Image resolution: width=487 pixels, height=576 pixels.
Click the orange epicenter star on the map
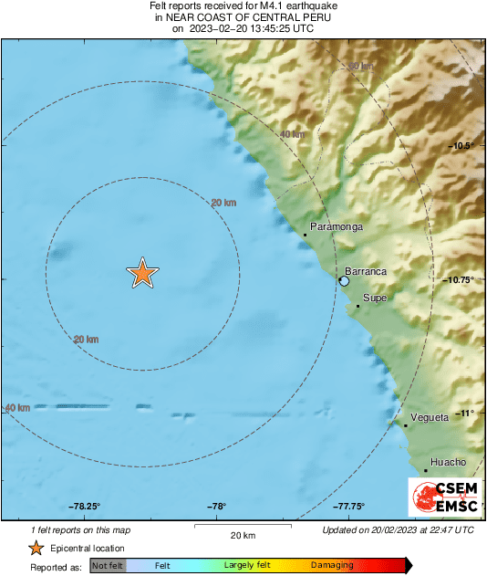[142, 273]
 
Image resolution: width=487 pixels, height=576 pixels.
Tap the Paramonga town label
[337, 226]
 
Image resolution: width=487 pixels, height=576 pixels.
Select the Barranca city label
[366, 271]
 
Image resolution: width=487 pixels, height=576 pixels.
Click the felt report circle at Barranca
[344, 281]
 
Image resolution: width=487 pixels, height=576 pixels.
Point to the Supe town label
[375, 298]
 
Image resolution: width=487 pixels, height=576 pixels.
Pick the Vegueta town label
[430, 417]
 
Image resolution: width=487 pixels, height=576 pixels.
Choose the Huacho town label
[448, 462]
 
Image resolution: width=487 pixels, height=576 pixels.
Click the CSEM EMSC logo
[442, 497]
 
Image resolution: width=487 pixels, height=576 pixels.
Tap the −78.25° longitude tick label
[84, 507]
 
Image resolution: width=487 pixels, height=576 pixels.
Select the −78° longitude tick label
[216, 507]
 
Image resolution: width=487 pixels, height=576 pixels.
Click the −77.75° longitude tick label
[348, 507]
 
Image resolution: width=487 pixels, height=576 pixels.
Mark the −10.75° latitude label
[459, 280]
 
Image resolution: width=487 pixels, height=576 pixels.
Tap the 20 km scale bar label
[243, 535]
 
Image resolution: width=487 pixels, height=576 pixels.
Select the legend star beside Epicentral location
[36, 548]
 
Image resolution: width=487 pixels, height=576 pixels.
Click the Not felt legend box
[108, 566]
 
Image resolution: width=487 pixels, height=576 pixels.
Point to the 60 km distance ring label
[361, 66]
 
